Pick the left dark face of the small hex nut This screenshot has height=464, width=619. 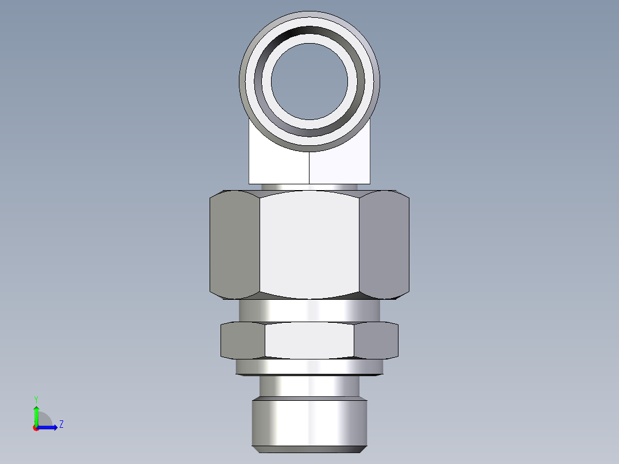click(243, 340)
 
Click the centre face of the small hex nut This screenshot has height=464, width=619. click(309, 340)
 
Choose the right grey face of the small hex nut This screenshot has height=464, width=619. click(376, 340)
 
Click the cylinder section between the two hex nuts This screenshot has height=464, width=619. click(309, 311)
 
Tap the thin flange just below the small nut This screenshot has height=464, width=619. click(309, 367)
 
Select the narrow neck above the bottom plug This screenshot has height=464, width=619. click(309, 386)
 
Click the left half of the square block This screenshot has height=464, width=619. click(278, 164)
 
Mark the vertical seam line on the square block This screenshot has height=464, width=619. click(309, 168)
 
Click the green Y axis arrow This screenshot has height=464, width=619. click(36, 413)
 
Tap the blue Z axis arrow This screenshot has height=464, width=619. click(49, 427)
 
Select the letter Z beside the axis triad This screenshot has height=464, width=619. click(61, 424)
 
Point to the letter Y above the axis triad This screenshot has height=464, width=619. click(36, 399)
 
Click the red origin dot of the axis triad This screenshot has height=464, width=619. click(36, 428)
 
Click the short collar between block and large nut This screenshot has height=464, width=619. click(309, 187)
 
